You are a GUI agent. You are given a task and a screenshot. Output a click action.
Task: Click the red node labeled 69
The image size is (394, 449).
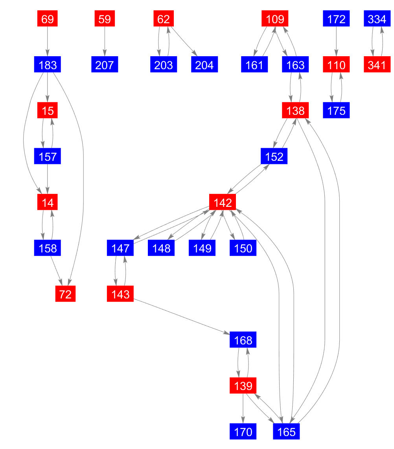point(48,19)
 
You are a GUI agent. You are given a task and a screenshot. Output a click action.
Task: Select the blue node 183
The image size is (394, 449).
point(48,65)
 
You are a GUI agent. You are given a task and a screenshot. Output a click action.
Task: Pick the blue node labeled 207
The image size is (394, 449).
point(105,65)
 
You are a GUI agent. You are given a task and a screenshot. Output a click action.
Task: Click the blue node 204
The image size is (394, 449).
point(204,65)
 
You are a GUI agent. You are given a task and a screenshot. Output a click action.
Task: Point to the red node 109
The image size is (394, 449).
point(275,19)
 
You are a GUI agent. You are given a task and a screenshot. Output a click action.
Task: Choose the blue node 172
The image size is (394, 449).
point(336,19)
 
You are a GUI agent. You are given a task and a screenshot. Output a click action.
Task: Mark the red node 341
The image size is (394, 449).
point(377,65)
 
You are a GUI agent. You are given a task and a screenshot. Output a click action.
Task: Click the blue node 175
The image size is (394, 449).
point(336,110)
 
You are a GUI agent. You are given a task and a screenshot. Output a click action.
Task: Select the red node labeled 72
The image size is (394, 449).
point(65,294)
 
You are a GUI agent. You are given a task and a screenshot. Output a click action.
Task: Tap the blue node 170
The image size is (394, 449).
point(243,432)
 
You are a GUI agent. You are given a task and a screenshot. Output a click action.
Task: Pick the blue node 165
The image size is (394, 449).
point(286,432)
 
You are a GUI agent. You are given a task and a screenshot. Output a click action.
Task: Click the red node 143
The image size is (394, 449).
point(120,294)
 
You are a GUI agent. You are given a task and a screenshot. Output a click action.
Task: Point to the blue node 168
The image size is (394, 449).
point(243,340)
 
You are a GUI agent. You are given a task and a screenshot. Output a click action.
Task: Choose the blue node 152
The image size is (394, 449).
point(274,156)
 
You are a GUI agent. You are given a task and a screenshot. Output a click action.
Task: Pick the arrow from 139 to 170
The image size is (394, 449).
point(243,409)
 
